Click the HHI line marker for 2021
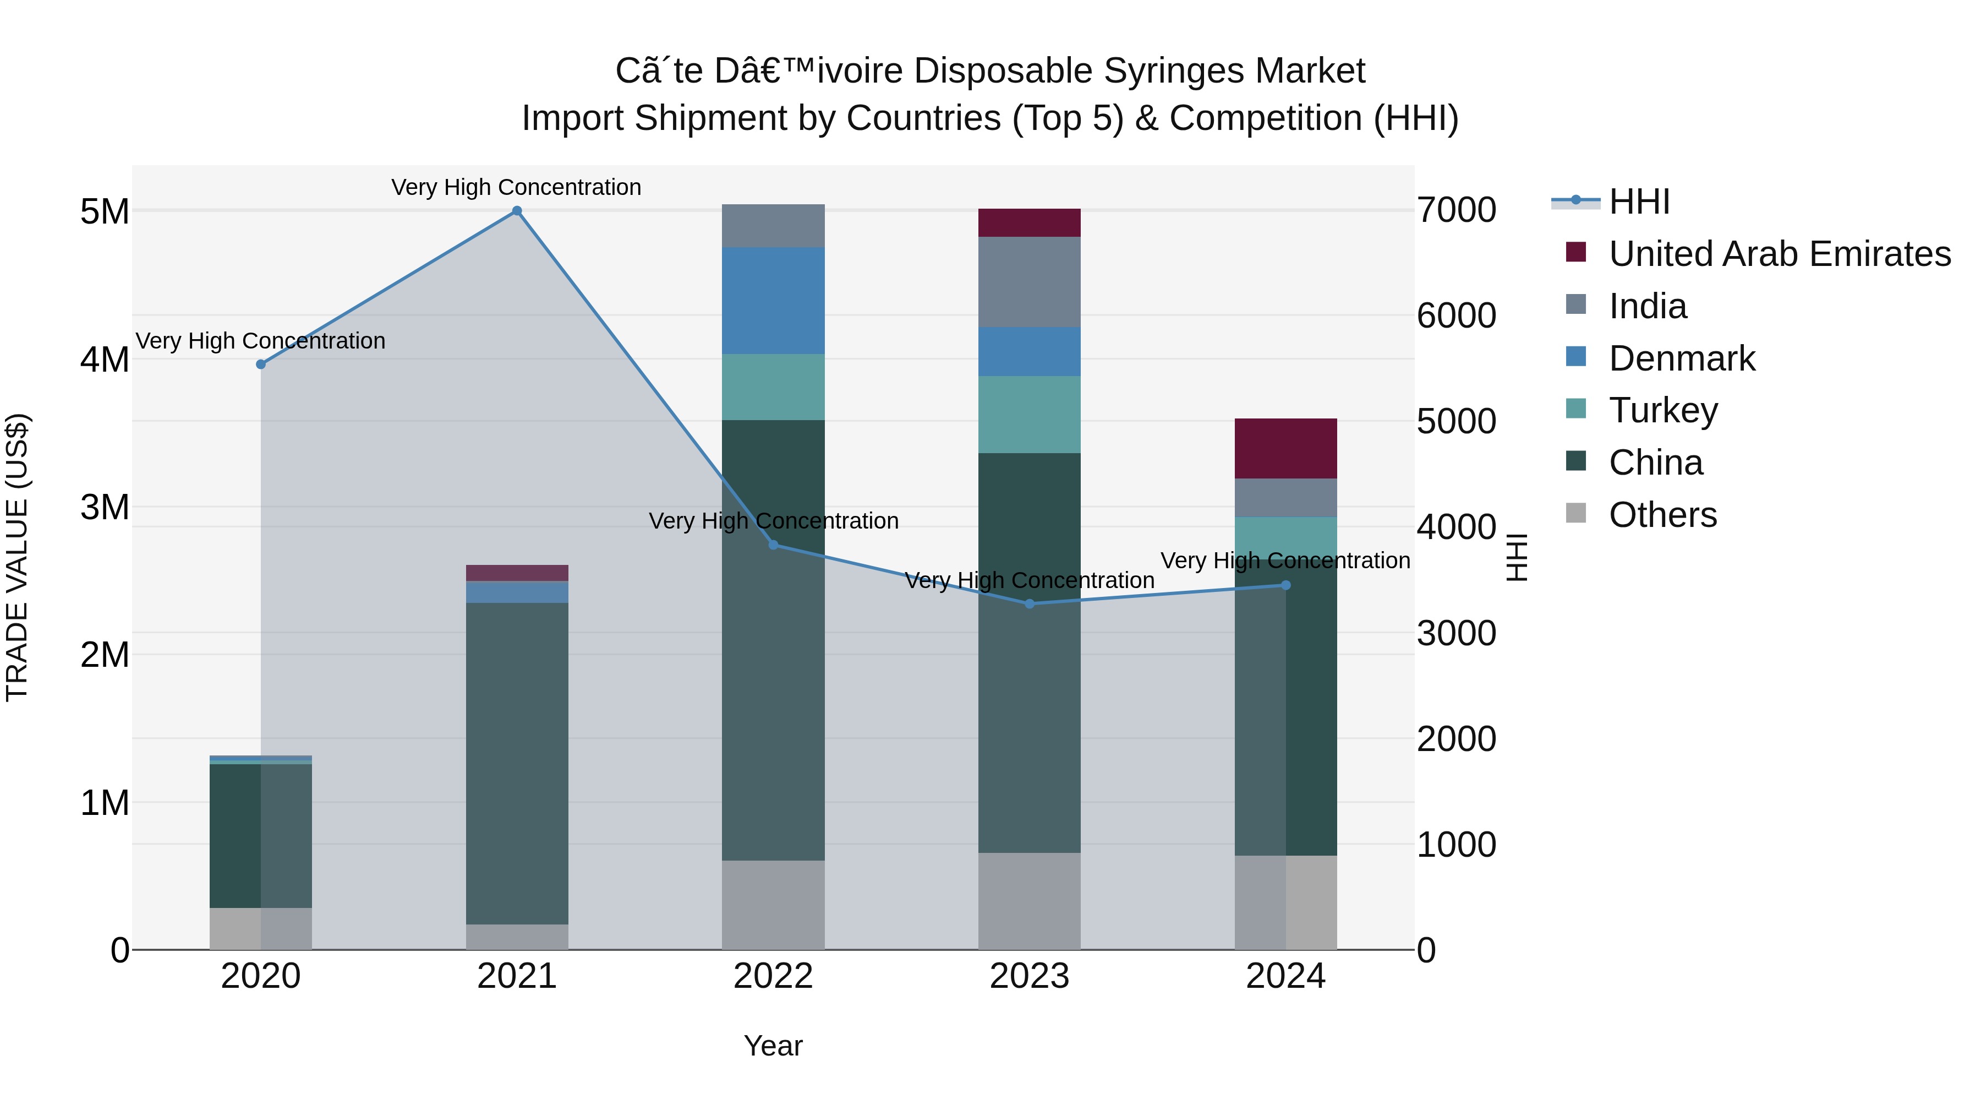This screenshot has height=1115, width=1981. point(517,211)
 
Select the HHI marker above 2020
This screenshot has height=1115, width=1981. point(261,364)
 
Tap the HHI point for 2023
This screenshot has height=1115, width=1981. point(1030,603)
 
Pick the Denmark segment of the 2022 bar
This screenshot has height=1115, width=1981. point(773,300)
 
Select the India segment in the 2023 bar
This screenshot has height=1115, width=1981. point(1029,281)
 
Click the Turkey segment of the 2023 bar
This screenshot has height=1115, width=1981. point(1029,414)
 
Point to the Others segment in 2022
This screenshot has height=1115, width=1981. point(773,904)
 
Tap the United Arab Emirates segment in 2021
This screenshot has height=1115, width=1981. point(517,573)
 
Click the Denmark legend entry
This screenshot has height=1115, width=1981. point(1681,358)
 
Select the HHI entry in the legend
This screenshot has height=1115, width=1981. point(1639,202)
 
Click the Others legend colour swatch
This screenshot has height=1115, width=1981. point(1576,513)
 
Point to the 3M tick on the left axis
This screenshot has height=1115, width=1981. point(105,507)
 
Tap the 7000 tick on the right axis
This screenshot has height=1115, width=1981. point(1455,210)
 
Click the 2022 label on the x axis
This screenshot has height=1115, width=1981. point(773,976)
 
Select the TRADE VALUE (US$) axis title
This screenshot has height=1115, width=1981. point(17,557)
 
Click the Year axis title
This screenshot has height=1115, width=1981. point(773,1046)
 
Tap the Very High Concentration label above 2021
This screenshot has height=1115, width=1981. point(516,187)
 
